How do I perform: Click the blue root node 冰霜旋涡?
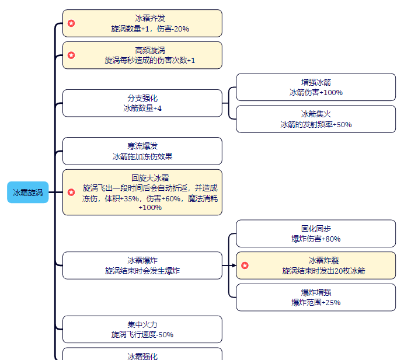(x=28, y=193)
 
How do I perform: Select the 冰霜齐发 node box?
(x=142, y=23)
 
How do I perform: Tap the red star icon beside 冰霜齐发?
(x=71, y=23)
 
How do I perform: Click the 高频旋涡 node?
(x=142, y=55)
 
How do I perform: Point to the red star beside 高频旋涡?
(x=71, y=55)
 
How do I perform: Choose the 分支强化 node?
(x=142, y=103)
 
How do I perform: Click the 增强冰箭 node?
(x=316, y=87)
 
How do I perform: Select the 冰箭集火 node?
(x=316, y=118)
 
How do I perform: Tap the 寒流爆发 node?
(x=142, y=151)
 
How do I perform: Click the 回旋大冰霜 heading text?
(x=150, y=178)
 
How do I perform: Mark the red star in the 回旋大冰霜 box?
(x=71, y=192)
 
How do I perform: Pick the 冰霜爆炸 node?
(x=142, y=265)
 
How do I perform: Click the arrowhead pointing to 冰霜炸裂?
(x=234, y=265)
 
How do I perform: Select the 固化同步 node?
(x=316, y=233)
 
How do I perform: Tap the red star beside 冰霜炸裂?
(x=245, y=265)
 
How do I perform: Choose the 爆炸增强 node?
(x=316, y=297)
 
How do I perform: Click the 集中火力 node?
(x=142, y=329)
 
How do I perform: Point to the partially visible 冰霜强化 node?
(x=142, y=355)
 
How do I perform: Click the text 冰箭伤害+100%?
(x=316, y=92)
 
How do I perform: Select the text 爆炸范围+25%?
(x=316, y=302)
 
